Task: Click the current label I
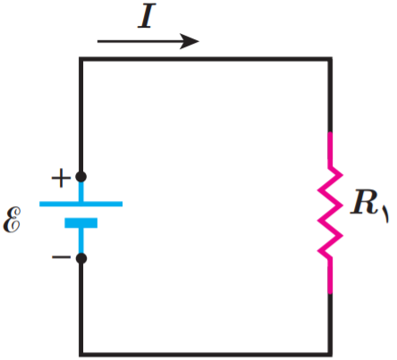click(x=147, y=16)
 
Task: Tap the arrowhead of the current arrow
click(x=190, y=41)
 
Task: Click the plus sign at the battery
click(x=61, y=178)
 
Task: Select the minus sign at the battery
click(x=62, y=256)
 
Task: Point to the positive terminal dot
click(x=81, y=177)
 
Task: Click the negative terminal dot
click(x=81, y=258)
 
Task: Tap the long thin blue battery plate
click(x=80, y=204)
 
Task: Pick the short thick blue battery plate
click(x=81, y=223)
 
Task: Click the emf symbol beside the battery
click(x=13, y=220)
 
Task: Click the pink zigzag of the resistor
click(x=330, y=213)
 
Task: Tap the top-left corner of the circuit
click(x=80, y=59)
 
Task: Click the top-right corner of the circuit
click(x=330, y=59)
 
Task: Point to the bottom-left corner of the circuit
click(x=80, y=355)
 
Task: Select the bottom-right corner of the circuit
click(x=330, y=355)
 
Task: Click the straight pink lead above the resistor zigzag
click(x=330, y=149)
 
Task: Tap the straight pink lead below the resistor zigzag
click(x=330, y=276)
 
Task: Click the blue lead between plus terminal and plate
click(x=81, y=192)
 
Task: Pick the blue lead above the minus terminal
click(x=81, y=240)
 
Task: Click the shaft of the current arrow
click(x=139, y=41)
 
